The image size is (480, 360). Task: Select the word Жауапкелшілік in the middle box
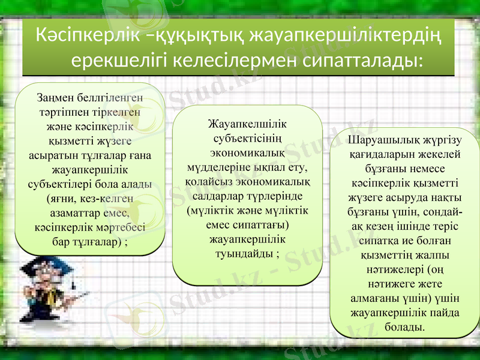coord(247,125)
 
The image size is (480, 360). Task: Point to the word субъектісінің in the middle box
coord(247,139)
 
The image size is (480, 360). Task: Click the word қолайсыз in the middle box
coord(208,182)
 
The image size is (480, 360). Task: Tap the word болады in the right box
coord(405,326)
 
